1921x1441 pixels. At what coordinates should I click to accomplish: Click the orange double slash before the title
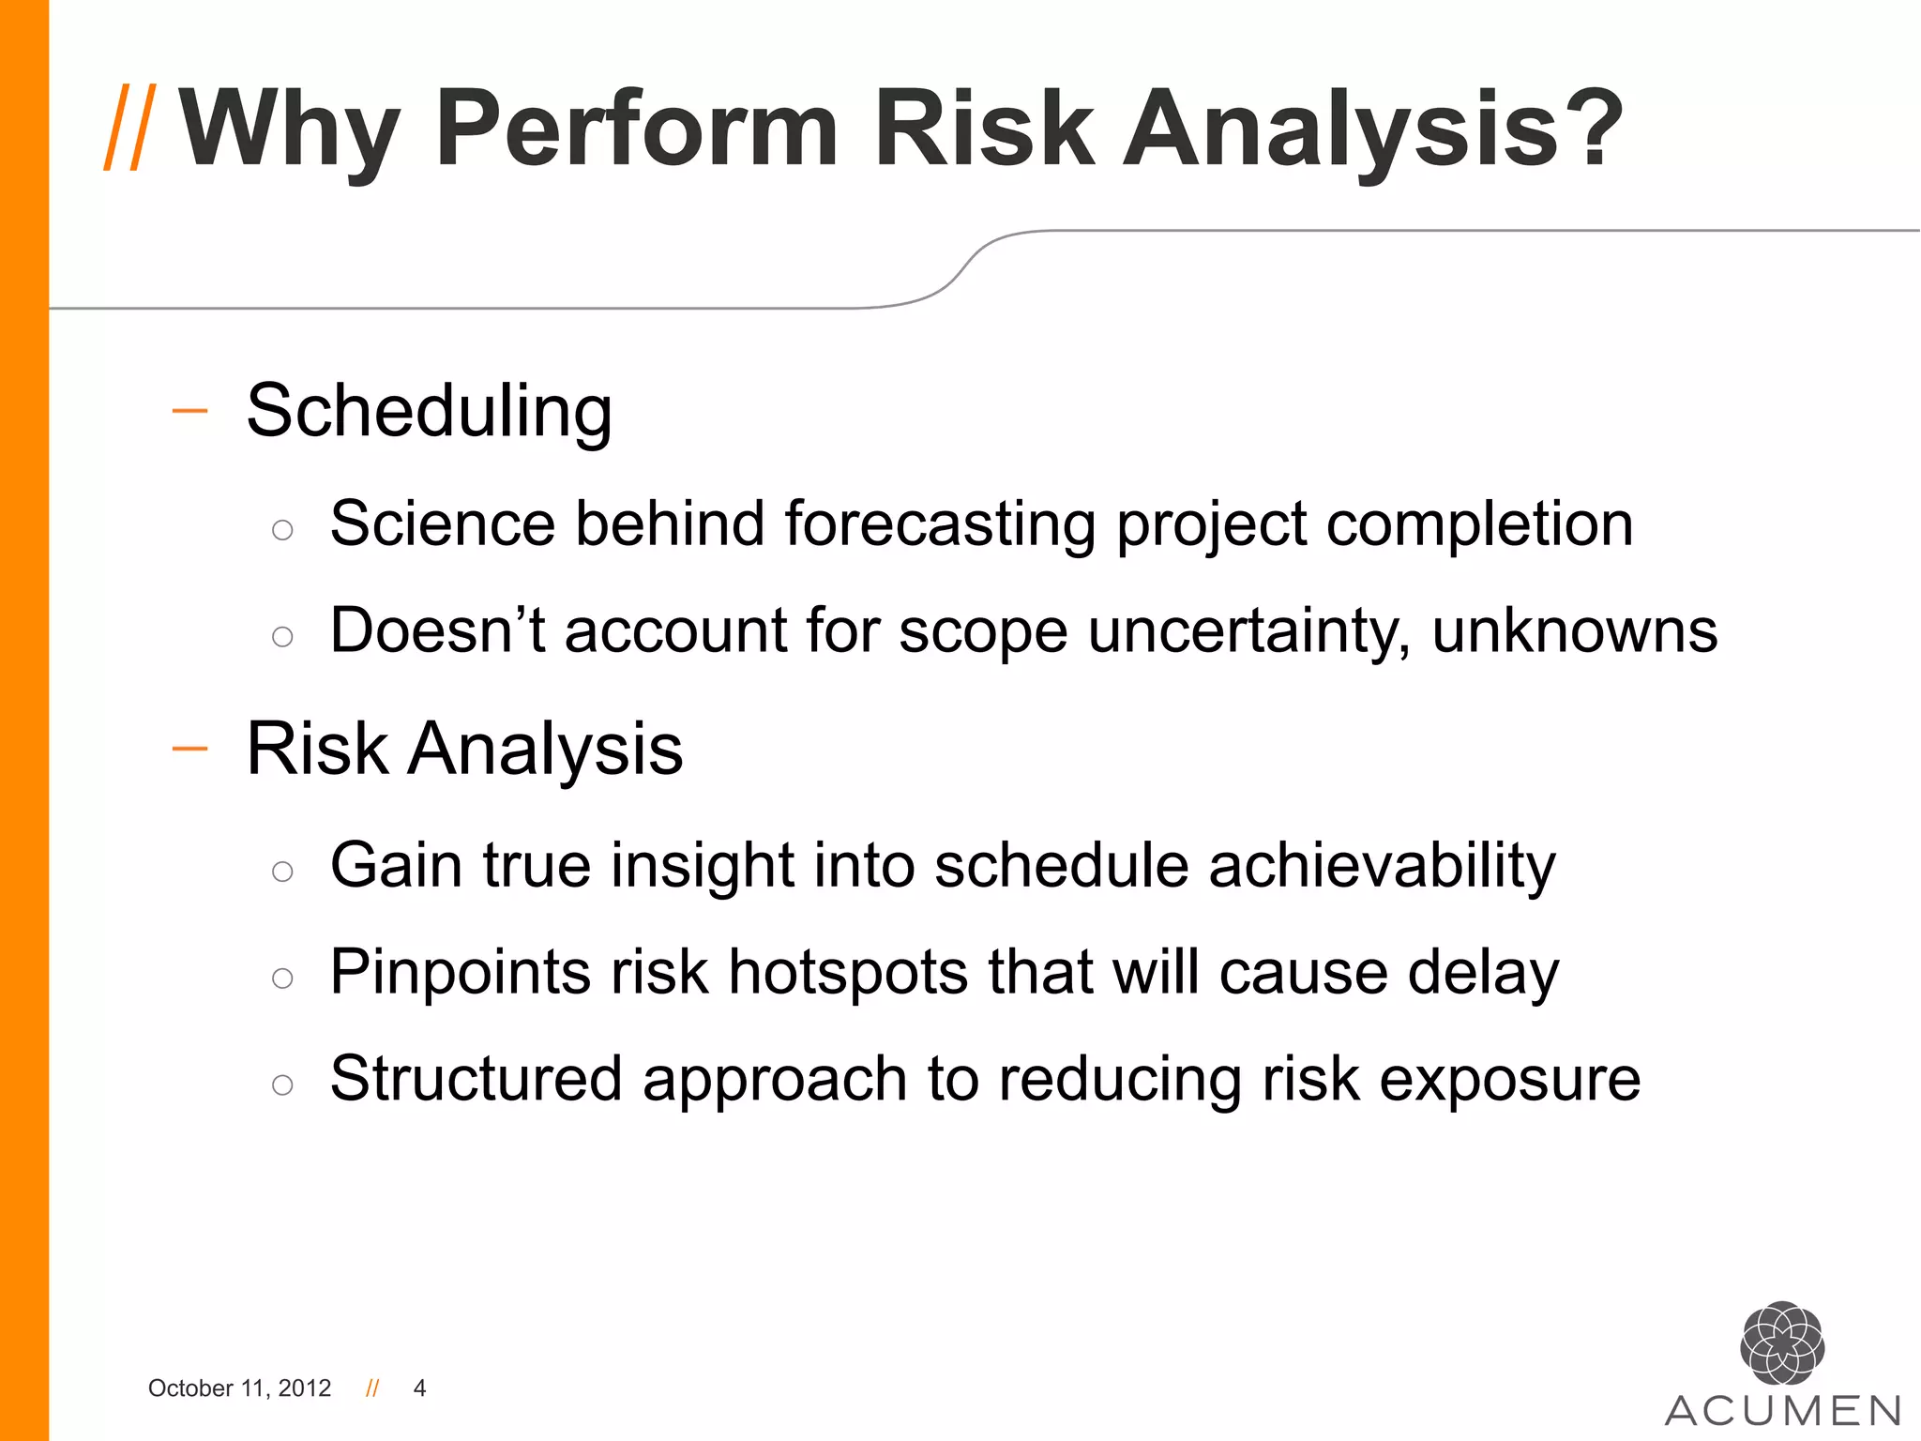[x=129, y=128]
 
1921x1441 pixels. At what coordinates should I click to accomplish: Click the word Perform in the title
[x=636, y=129]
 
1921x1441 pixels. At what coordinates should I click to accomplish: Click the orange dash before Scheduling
[x=189, y=411]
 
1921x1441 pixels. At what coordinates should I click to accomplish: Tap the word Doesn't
[x=437, y=630]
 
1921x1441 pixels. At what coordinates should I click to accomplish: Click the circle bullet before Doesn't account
[x=282, y=637]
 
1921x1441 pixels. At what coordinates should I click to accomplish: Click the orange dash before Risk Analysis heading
[x=189, y=749]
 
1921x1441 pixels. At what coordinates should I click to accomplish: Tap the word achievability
[x=1382, y=865]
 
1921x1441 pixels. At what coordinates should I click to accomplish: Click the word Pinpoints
[x=460, y=972]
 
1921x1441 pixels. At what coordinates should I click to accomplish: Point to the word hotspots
[x=848, y=972]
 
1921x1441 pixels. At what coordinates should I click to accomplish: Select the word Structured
[x=476, y=1079]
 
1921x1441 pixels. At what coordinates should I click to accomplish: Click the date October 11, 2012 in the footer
[x=239, y=1388]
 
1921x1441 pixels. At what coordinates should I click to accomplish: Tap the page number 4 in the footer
[x=419, y=1388]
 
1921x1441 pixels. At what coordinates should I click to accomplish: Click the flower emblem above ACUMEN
[x=1781, y=1343]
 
